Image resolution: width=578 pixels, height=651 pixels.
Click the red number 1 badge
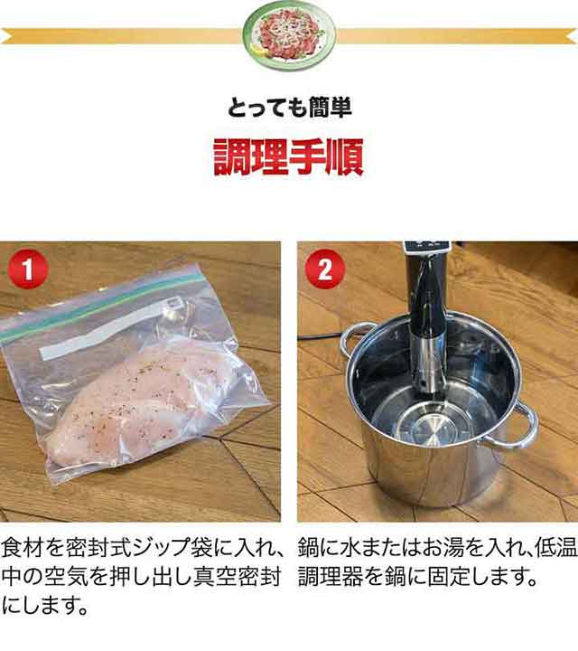[x=28, y=269]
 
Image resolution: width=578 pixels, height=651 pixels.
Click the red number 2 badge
[x=325, y=269]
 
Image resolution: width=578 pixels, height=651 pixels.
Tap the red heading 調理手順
[x=289, y=157]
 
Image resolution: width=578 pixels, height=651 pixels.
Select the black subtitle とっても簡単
[x=289, y=107]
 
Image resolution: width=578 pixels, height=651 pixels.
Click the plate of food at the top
[x=289, y=35]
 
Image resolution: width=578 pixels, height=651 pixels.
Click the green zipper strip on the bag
[x=104, y=303]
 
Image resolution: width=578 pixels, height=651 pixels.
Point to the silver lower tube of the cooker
[x=429, y=365]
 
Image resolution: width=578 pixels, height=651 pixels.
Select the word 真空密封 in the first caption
[x=238, y=576]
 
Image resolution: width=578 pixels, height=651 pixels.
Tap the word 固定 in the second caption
[x=449, y=576]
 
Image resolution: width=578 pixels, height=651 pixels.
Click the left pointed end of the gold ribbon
[x=2, y=36]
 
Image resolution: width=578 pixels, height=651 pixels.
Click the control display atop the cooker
[x=427, y=247]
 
